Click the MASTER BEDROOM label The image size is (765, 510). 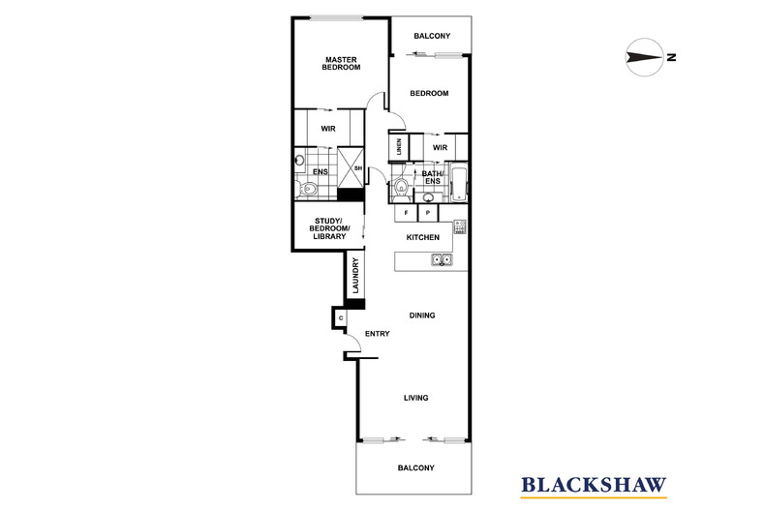342,63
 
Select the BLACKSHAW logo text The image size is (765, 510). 594,485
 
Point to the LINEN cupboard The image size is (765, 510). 398,147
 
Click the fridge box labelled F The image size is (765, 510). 406,212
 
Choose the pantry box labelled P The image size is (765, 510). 427,212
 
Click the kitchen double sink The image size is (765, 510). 441,259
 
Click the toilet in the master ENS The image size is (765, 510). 307,189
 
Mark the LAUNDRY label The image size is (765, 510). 356,276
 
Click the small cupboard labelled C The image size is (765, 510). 342,317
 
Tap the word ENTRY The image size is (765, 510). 377,334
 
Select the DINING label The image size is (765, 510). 422,315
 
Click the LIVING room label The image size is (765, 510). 415,398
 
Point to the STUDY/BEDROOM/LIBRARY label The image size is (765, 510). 326,228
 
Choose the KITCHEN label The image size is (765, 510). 423,237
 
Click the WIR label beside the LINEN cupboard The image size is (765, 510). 439,147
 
